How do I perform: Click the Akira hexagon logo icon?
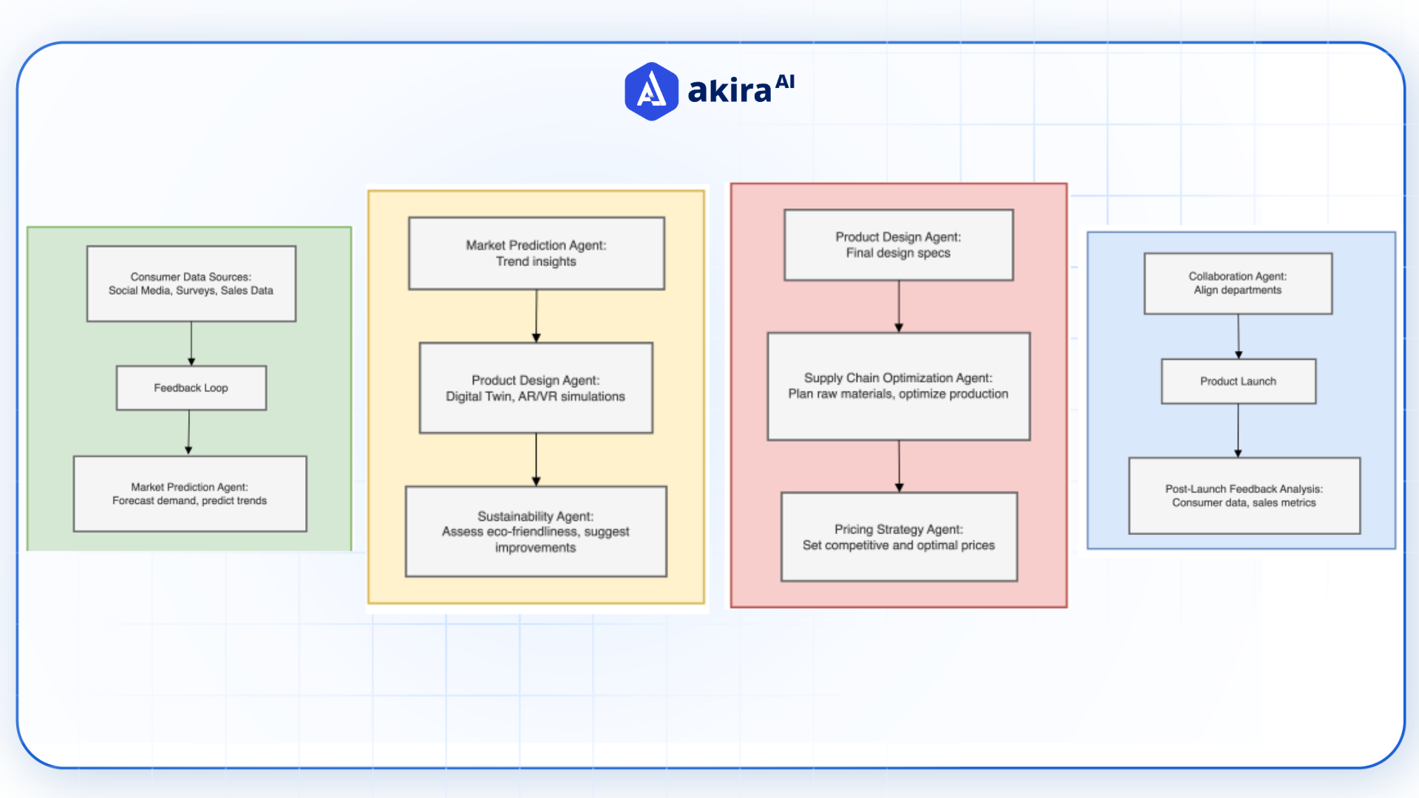coord(651,92)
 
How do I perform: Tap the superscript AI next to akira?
coord(785,81)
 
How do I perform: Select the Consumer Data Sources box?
coord(191,284)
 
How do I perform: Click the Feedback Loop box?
coord(191,388)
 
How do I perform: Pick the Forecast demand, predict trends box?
coord(190,494)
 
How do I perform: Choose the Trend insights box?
coord(537,253)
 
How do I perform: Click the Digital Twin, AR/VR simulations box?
coord(536,388)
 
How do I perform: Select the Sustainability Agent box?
coord(536,531)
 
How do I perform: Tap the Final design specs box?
coord(899,245)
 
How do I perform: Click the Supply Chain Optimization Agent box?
coord(899,386)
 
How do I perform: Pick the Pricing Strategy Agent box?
coord(899,537)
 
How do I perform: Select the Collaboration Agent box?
coord(1238,284)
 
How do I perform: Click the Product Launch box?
coord(1239,381)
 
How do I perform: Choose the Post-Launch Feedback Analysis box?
coord(1244,496)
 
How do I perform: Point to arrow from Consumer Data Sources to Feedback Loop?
coord(191,343)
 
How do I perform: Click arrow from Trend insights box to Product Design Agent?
coord(537,316)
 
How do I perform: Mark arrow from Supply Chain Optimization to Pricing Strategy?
coord(899,465)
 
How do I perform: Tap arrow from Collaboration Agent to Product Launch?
coord(1239,336)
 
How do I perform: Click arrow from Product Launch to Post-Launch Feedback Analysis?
coord(1239,430)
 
